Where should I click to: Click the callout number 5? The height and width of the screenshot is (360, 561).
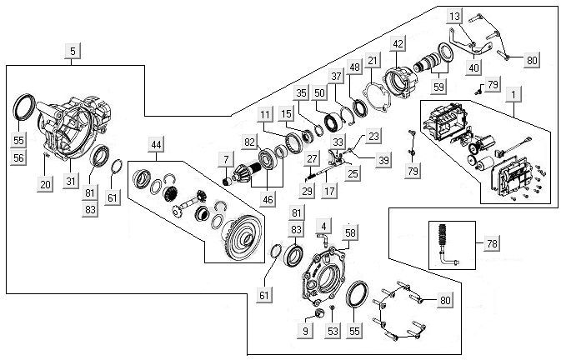tap(73, 52)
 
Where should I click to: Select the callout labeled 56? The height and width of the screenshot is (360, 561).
tap(18, 156)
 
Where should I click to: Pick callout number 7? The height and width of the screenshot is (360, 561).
tap(226, 158)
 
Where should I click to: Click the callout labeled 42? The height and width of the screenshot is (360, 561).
tap(398, 43)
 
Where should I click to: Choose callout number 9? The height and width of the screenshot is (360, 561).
tap(305, 332)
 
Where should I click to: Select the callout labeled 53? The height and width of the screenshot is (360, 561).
tap(333, 332)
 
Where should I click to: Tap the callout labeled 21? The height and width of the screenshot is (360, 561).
tap(373, 60)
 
